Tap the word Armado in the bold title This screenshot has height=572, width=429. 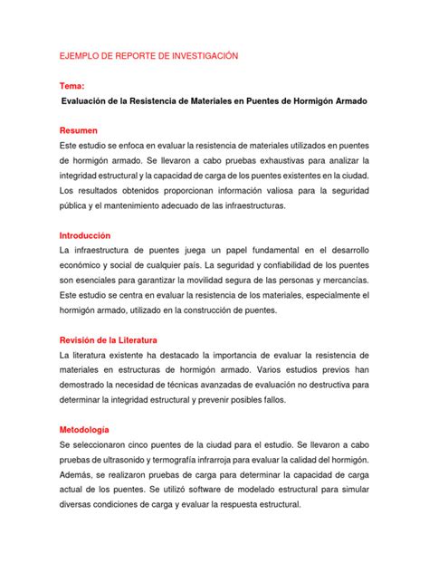pos(342,103)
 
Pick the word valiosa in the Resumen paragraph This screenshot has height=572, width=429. pos(274,190)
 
